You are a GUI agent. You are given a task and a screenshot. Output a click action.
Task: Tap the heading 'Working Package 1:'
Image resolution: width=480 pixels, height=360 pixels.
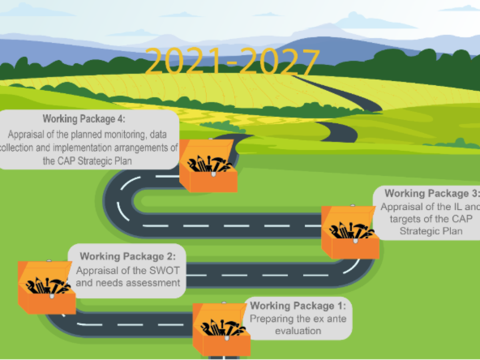(298, 306)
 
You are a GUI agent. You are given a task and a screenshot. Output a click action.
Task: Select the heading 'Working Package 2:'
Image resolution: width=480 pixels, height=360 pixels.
(128, 256)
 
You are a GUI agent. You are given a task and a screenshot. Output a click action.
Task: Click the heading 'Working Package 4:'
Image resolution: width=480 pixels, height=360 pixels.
(84, 119)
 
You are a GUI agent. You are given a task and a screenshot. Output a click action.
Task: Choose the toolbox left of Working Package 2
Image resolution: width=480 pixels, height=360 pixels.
(47, 287)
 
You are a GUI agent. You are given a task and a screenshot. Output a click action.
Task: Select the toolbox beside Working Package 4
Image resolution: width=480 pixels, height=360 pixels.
(208, 166)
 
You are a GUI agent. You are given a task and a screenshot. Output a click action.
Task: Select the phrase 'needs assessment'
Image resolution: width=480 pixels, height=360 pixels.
(128, 283)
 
